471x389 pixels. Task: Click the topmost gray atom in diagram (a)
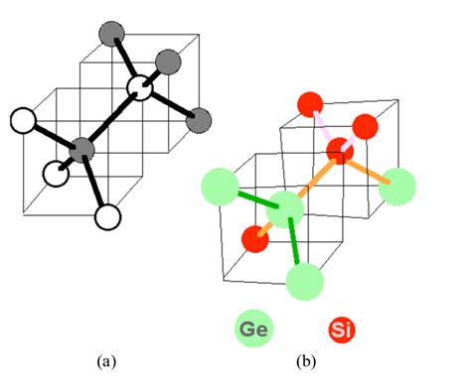coord(110,35)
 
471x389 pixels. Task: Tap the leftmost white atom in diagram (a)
coord(22,122)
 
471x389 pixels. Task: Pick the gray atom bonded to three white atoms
coord(82,151)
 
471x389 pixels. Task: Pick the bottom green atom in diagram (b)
coord(306,282)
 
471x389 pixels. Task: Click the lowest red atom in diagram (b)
coord(255,239)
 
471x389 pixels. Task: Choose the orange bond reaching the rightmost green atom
coord(370,169)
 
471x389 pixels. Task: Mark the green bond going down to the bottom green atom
coord(297,246)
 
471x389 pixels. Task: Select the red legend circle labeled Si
coord(340,328)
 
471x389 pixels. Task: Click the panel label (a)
coord(107,361)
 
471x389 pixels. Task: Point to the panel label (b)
coord(304,361)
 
